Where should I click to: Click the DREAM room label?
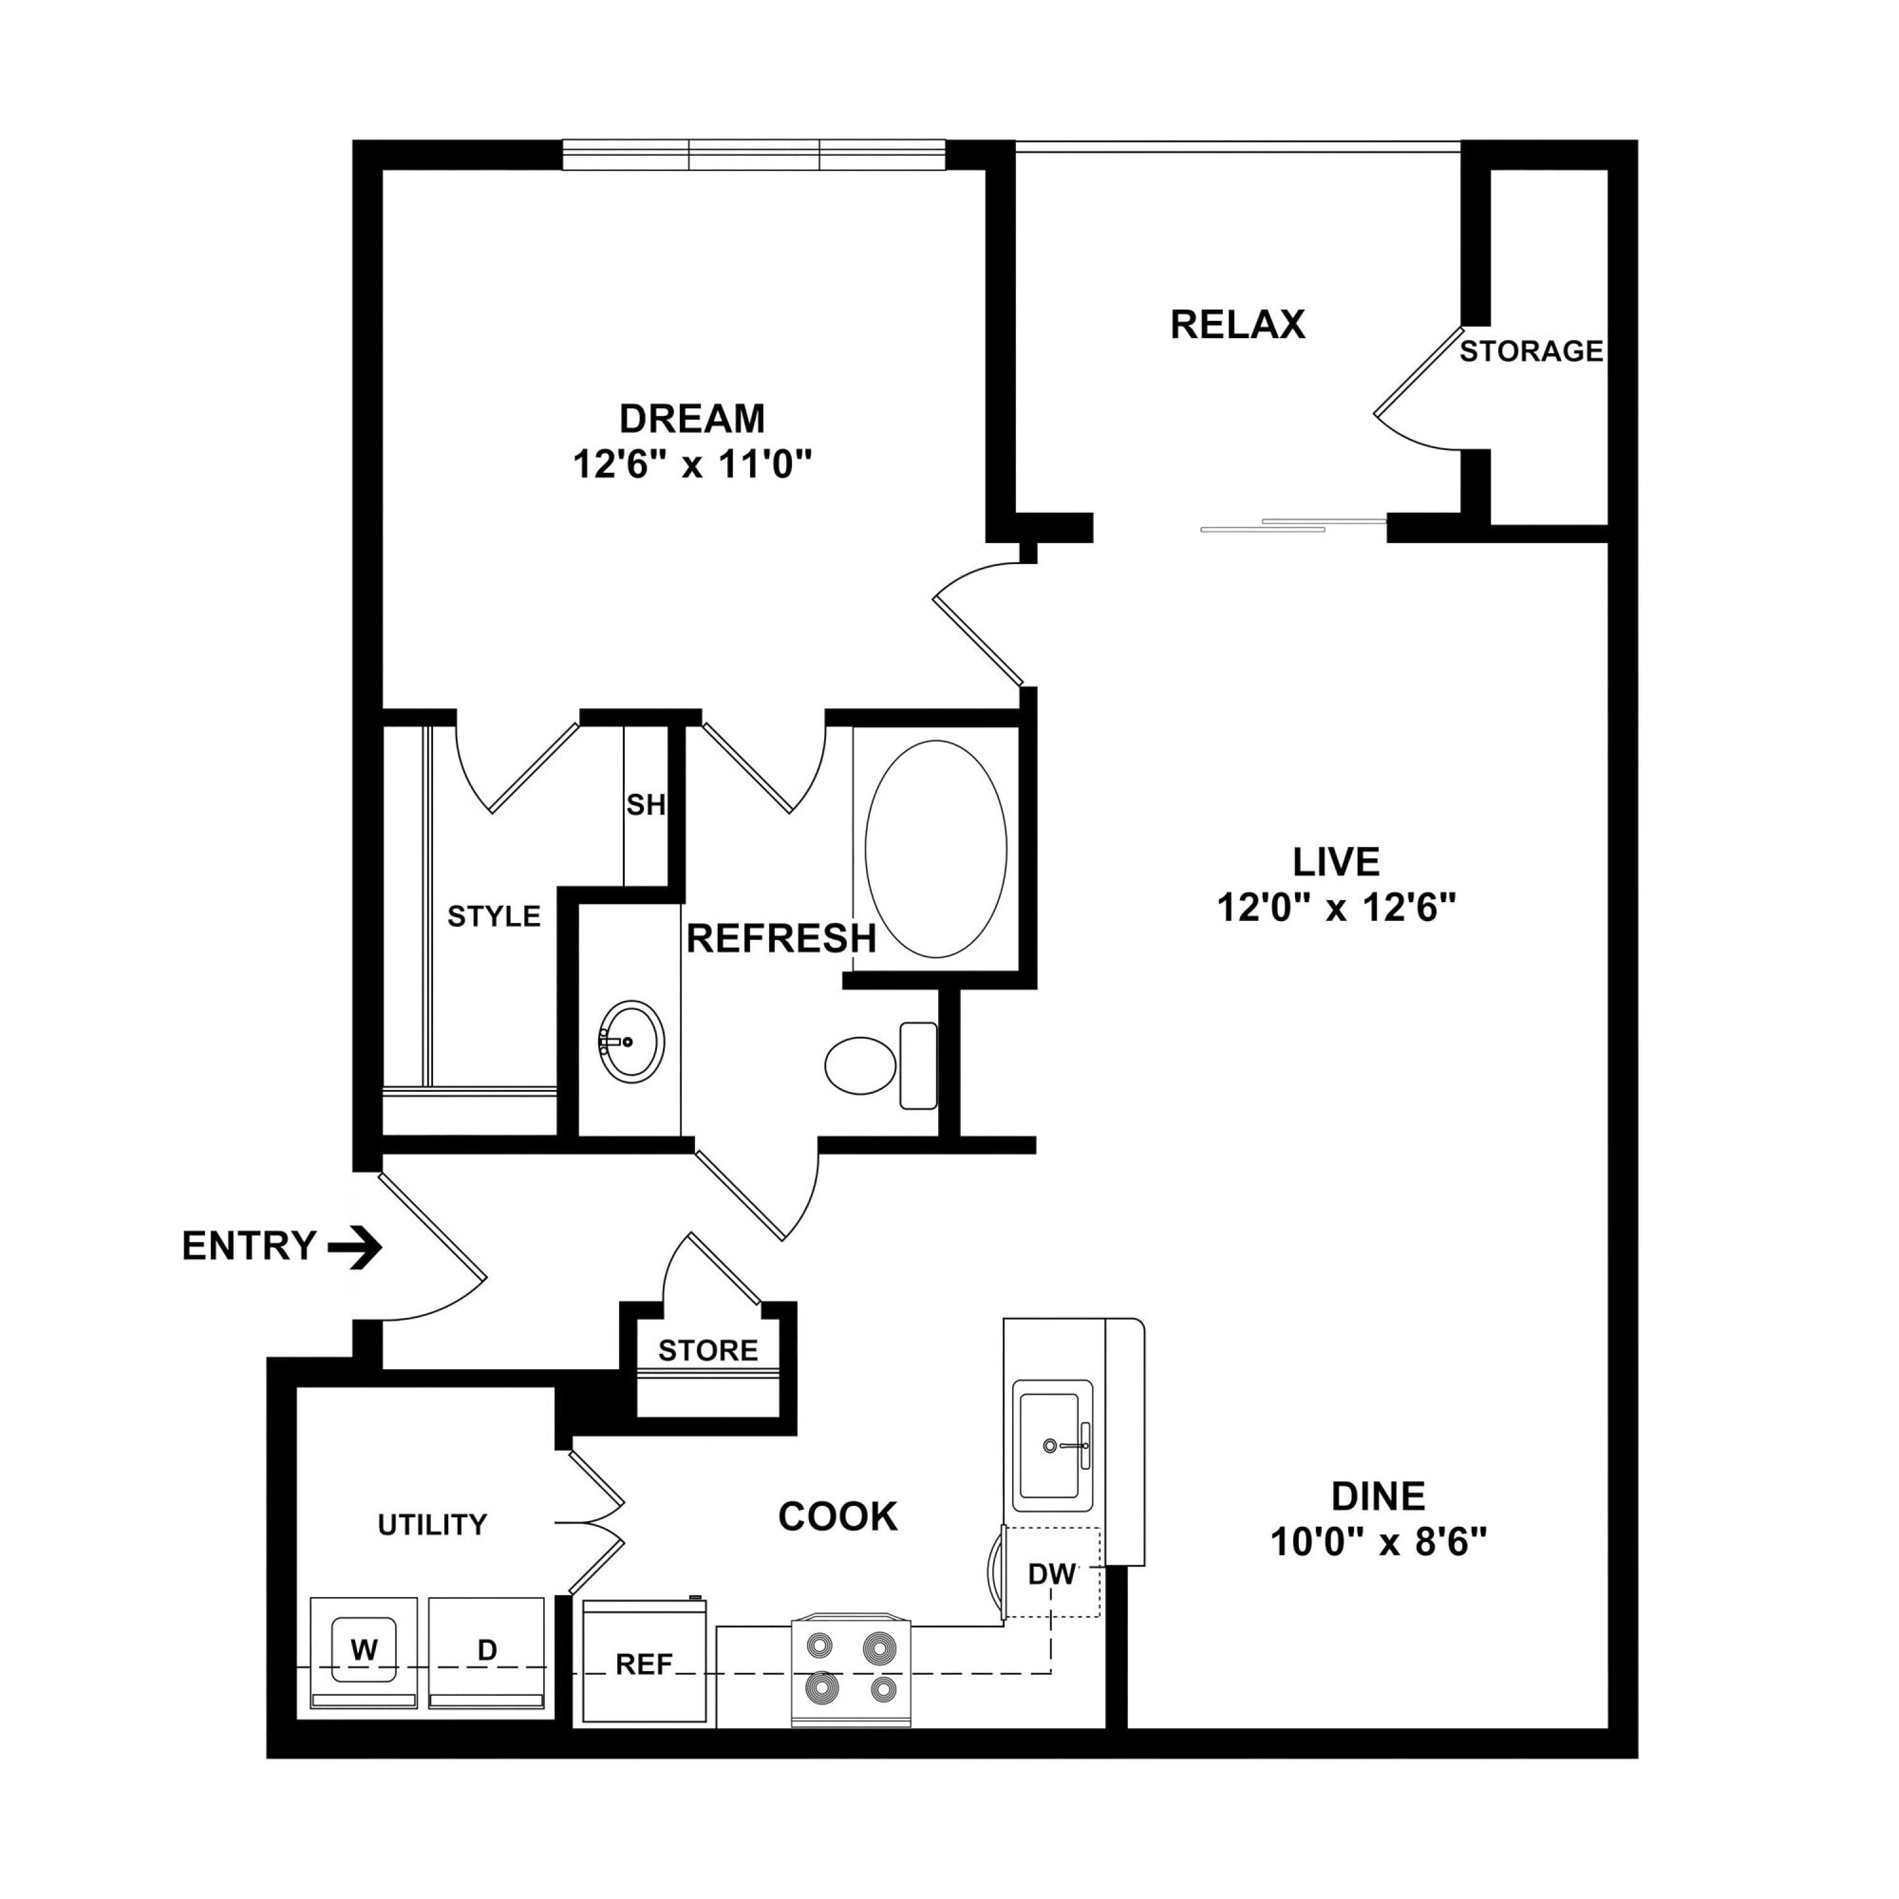692,418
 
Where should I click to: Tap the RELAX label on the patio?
1238,324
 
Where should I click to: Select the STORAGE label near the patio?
1531,351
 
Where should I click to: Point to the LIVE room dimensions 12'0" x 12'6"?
1336,907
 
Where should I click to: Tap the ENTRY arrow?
355,1247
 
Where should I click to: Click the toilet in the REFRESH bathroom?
881,1065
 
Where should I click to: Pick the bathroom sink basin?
631,1042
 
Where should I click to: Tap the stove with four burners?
851,1672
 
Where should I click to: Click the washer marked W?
364,1653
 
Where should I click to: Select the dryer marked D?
487,1653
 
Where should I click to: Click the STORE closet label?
708,1351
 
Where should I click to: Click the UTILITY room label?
432,1524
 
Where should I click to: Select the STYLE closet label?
494,916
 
